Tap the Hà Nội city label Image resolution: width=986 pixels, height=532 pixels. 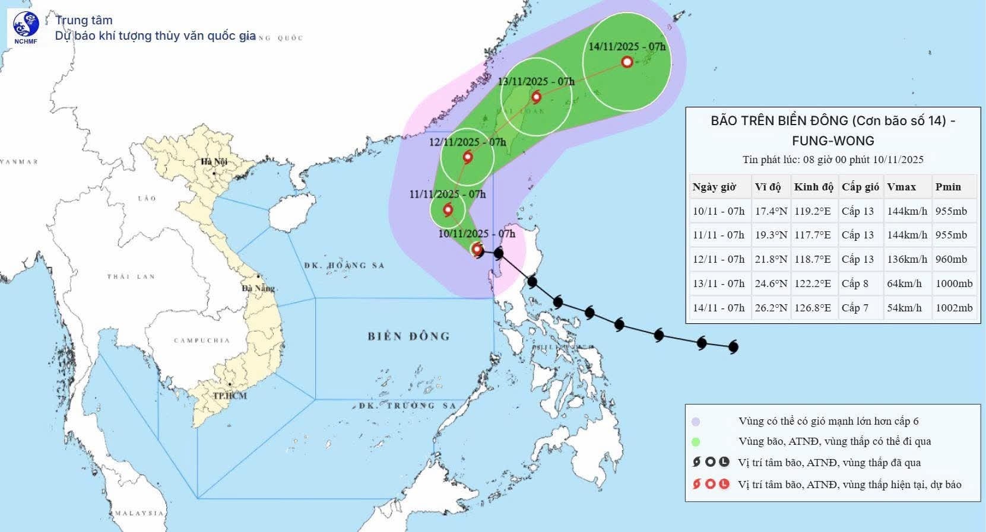[214, 162]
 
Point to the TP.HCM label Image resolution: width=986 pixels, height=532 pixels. [230, 395]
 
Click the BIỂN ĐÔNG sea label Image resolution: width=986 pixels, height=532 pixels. [409, 336]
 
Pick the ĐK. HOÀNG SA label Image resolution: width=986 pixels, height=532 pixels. [344, 265]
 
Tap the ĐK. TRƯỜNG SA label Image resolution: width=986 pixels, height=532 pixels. [407, 406]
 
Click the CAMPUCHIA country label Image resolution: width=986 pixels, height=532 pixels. [201, 340]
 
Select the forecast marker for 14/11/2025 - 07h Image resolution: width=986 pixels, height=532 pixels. [627, 62]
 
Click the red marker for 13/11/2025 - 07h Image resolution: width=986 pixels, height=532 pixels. [537, 97]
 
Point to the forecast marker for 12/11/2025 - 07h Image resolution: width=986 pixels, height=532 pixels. [468, 157]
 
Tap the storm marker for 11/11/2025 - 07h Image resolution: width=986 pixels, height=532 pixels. [448, 209]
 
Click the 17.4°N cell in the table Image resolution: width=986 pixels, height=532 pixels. [771, 211]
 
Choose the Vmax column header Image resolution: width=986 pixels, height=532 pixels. [901, 187]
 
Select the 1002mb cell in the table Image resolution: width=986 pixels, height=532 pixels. [954, 308]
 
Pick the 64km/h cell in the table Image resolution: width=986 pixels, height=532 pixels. [904, 283]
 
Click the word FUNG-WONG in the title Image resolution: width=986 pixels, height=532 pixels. [833, 141]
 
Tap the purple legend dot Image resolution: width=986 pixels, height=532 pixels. [696, 422]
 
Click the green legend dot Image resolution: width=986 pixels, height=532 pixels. [696, 442]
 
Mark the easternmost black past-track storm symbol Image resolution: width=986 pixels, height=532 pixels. [733, 346]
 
